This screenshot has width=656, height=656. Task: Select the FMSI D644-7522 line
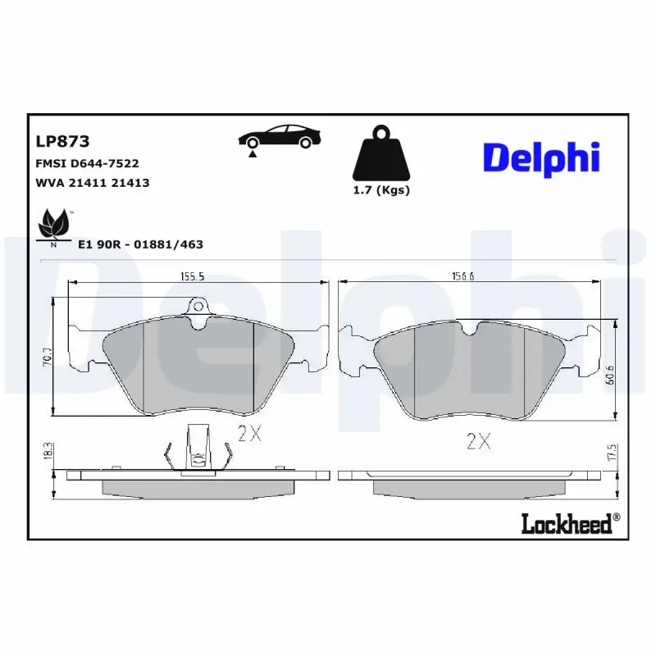(x=86, y=163)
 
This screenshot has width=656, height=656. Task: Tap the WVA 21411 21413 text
(x=92, y=183)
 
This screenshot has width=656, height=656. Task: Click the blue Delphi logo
(x=541, y=158)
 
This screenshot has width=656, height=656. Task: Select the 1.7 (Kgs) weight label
(x=380, y=190)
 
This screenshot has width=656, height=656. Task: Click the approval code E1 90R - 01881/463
(x=140, y=244)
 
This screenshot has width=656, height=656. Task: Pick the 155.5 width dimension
(x=192, y=277)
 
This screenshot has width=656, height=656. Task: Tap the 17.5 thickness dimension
(x=609, y=452)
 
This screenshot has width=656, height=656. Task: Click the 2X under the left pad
(x=248, y=434)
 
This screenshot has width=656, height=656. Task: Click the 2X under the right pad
(x=478, y=442)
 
